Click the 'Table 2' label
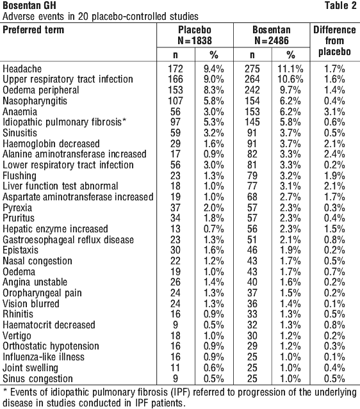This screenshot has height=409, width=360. click(340, 6)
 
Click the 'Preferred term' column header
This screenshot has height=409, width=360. click(33, 29)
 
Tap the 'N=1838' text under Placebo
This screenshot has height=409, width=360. click(195, 41)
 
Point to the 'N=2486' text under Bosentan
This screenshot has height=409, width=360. click(272, 41)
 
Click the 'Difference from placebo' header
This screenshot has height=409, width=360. click(334, 41)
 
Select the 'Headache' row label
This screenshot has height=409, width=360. click(22, 69)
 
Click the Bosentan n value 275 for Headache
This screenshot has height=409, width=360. click(252, 69)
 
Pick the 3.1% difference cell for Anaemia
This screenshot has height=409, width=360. click(334, 111)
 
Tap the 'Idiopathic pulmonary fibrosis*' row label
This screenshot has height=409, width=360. click(65, 122)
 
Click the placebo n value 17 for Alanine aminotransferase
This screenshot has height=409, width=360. click(175, 154)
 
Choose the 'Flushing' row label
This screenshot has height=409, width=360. click(19, 176)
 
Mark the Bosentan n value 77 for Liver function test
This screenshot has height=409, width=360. click(252, 186)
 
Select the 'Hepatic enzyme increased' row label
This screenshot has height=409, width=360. click(55, 229)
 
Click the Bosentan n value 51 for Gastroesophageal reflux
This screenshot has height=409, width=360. click(252, 240)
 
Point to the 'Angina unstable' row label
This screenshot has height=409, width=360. click(35, 282)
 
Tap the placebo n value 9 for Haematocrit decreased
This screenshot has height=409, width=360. click(175, 325)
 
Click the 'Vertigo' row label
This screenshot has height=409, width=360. click(17, 336)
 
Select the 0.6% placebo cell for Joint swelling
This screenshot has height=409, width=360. click(213, 368)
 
